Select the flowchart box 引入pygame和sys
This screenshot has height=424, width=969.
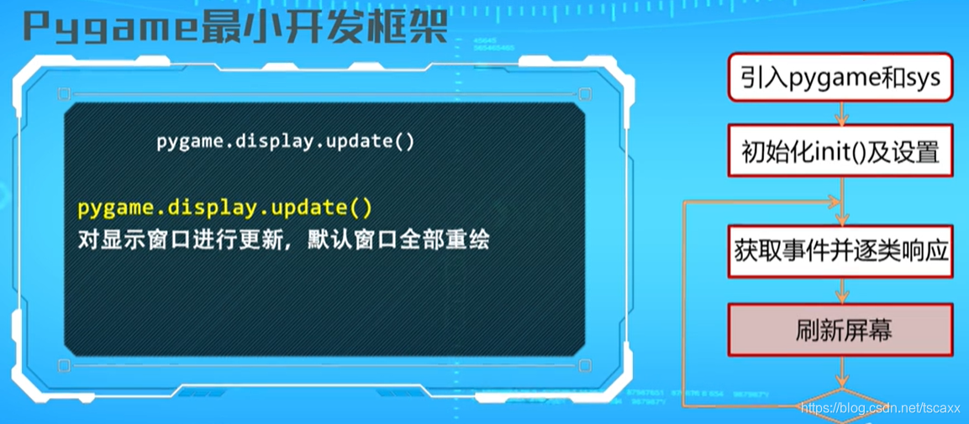[840, 78]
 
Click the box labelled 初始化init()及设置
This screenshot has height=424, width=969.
[840, 152]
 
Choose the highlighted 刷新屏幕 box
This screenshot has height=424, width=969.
[840, 330]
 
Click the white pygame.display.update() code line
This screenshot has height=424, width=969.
[286, 140]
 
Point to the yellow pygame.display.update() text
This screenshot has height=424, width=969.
[225, 207]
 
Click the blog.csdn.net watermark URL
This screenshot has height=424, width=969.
[880, 408]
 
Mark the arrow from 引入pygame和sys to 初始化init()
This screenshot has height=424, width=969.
[841, 113]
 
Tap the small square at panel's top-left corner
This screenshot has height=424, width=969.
[64, 94]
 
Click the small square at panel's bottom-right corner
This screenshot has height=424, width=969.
[585, 366]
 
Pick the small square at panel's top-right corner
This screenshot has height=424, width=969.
[585, 94]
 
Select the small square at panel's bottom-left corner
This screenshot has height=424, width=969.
[64, 366]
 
